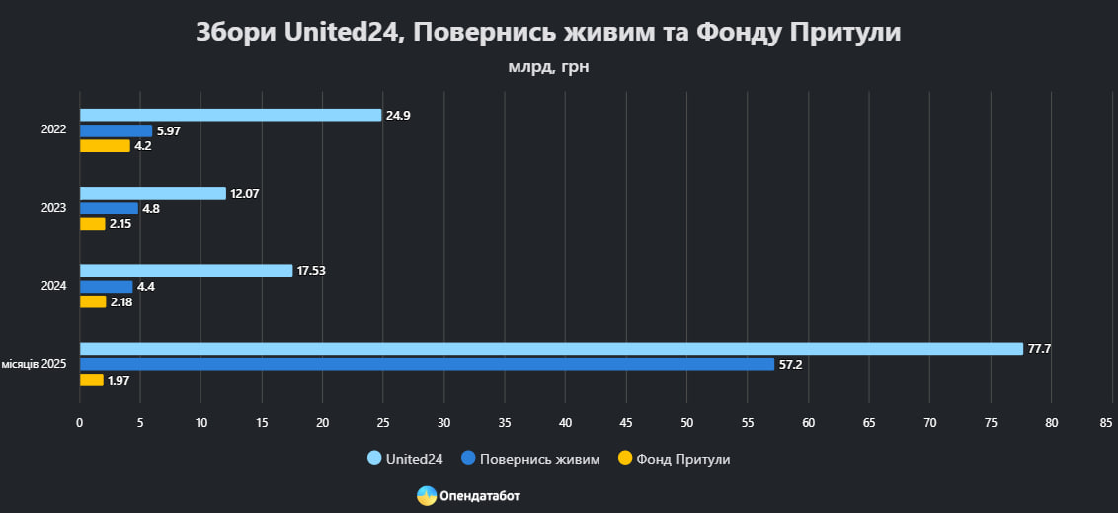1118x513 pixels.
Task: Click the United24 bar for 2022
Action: point(230,115)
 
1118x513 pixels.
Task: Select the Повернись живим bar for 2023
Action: point(109,209)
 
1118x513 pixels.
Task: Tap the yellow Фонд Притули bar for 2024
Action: point(93,301)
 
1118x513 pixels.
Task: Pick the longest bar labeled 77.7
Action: point(551,349)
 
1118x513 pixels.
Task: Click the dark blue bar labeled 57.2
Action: point(427,364)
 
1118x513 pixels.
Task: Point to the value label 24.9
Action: point(398,116)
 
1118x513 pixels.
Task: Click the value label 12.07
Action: point(245,193)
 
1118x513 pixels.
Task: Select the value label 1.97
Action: point(119,381)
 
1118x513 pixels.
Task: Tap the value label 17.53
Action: point(312,271)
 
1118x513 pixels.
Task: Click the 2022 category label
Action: point(53,130)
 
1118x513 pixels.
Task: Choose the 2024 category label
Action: point(53,286)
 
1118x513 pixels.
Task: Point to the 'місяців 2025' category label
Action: point(34,365)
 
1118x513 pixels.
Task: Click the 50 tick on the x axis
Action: point(686,423)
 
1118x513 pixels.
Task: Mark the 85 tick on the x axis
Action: point(1106,423)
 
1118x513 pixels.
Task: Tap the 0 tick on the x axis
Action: point(80,423)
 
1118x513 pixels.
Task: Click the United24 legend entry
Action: point(405,459)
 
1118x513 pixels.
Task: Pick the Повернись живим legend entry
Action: point(530,459)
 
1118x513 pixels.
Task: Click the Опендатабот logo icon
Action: point(427,496)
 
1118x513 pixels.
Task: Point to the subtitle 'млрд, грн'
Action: point(548,67)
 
